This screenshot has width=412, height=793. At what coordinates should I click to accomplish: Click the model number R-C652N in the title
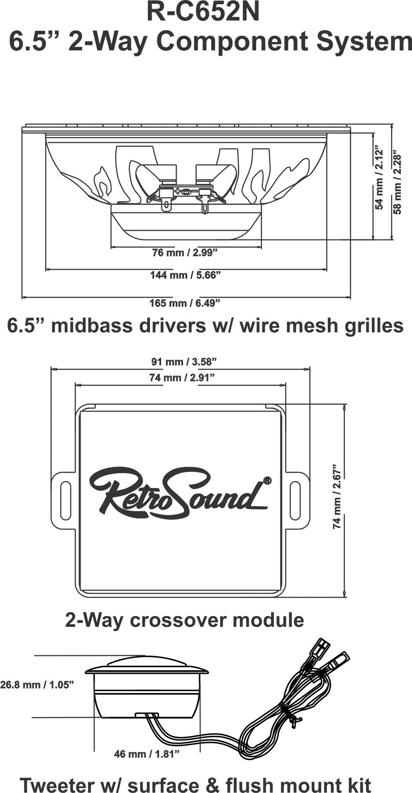pos(203,12)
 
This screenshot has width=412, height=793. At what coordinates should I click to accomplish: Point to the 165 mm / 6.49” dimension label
pos(185,303)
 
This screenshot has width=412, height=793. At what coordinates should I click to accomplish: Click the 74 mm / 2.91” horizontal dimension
pos(182,378)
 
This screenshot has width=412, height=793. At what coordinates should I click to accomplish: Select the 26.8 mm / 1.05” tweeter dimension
pos(37,685)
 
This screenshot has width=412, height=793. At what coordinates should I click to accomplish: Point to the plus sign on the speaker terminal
pos(178,191)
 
